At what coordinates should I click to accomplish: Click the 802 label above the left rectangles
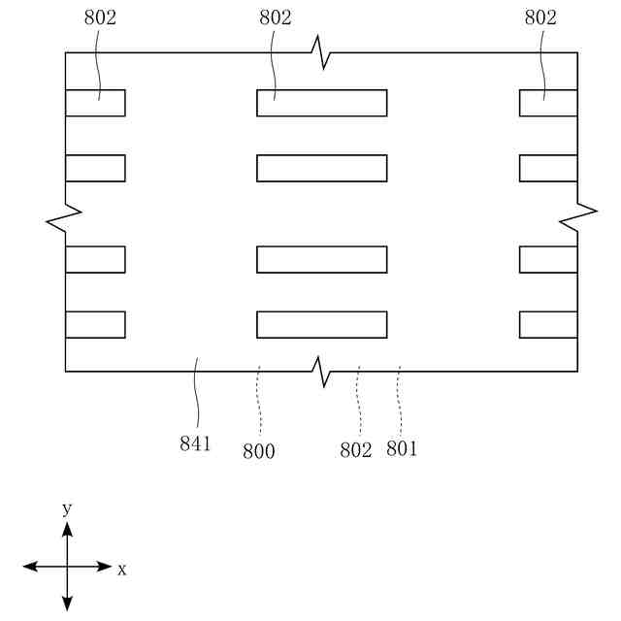[x=100, y=17]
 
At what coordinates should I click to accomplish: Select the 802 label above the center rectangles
[x=276, y=17]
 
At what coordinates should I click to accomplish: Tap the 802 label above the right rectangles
[x=540, y=17]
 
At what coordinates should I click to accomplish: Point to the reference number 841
[x=195, y=444]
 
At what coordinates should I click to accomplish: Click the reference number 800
[x=259, y=450]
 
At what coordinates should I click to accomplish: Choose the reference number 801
[x=402, y=448]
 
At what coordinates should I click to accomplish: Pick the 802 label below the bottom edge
[x=356, y=450]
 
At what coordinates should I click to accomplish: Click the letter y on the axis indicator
[x=67, y=508]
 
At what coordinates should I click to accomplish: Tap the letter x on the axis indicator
[x=122, y=570]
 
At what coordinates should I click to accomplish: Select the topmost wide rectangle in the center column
[x=321, y=103]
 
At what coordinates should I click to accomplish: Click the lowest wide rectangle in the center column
[x=321, y=324]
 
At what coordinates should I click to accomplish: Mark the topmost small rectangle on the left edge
[x=95, y=103]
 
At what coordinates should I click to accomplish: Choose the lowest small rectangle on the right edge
[x=548, y=324]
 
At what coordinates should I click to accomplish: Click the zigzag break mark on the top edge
[x=321, y=51]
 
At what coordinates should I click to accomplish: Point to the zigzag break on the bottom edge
[x=321, y=370]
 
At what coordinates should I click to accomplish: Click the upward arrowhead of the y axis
[x=67, y=529]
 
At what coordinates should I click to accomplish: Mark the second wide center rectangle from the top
[x=321, y=168]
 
